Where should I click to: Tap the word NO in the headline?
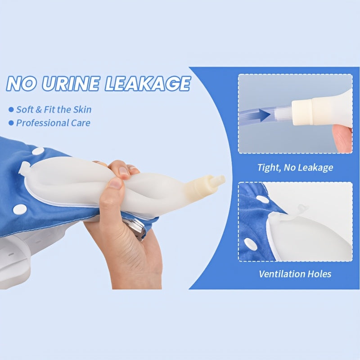[x=22, y=84]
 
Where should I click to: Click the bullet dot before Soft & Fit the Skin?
[x=11, y=109]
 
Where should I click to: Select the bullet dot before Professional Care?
[x=11, y=123]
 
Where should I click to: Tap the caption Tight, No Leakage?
[x=295, y=167]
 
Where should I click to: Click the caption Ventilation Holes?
[x=295, y=274]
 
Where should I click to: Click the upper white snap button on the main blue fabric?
[x=38, y=151]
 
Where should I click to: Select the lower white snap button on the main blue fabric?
[x=20, y=209]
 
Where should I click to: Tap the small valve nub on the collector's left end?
[x=25, y=166]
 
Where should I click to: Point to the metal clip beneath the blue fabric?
[x=139, y=228]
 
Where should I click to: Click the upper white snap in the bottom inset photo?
[x=262, y=199]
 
